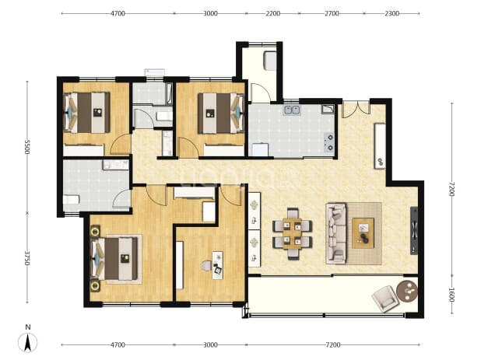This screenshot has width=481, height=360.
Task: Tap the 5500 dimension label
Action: click(x=27, y=147)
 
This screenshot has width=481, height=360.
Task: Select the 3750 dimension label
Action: click(x=27, y=258)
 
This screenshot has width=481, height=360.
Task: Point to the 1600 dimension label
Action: click(x=451, y=295)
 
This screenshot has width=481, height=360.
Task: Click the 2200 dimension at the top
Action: click(x=272, y=13)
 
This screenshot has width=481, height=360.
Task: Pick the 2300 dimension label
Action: click(x=391, y=13)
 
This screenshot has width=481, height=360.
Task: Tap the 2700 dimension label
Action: click(x=332, y=13)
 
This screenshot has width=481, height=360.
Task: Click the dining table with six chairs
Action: click(x=293, y=234)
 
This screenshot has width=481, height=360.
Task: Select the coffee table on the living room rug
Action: click(x=363, y=233)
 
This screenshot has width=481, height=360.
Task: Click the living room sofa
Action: click(x=336, y=233)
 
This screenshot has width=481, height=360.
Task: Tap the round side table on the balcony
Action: click(x=407, y=291)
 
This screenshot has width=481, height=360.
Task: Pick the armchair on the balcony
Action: click(x=384, y=299)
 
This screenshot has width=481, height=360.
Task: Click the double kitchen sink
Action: click(x=291, y=110)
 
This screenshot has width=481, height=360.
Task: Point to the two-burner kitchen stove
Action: click(x=329, y=142)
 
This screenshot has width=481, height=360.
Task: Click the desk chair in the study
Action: click(x=207, y=266)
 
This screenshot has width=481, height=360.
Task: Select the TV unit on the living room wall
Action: click(x=414, y=231)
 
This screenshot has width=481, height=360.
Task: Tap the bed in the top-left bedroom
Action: click(x=87, y=113)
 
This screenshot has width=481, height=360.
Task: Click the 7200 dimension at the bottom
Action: click(x=333, y=345)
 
